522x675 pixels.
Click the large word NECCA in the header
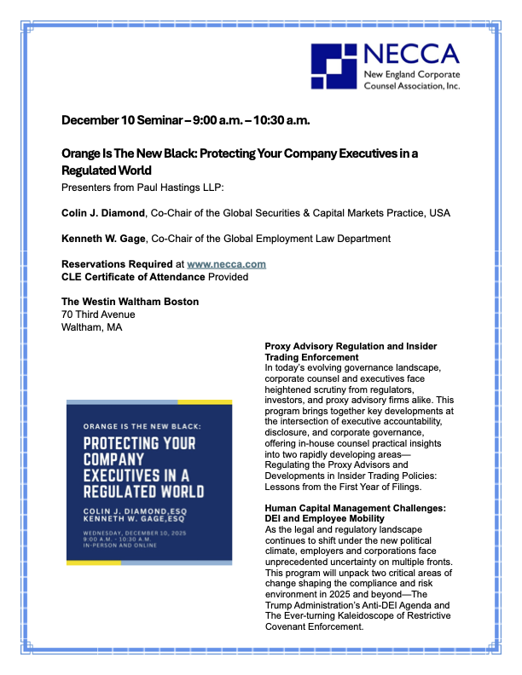tap(411, 56)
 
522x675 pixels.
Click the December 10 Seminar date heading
tap(185, 120)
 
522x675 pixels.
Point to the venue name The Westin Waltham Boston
tap(130, 302)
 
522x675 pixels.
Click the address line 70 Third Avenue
tap(98, 314)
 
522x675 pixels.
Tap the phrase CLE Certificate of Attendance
tap(133, 276)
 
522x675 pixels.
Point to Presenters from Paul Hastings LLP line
tap(142, 187)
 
